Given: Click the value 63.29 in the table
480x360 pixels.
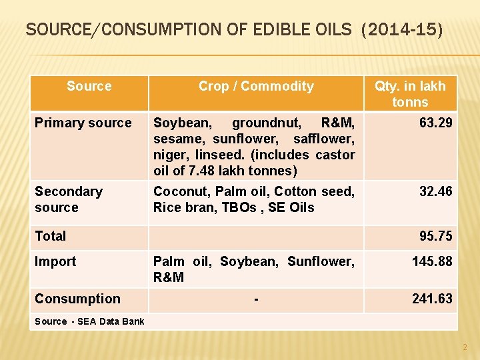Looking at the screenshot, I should [435, 123].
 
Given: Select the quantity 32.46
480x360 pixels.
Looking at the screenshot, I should [435, 191].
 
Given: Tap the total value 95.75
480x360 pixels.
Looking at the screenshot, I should [435, 236].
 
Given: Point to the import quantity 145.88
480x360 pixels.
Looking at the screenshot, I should [432, 261].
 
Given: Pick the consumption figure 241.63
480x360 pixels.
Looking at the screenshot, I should [432, 299].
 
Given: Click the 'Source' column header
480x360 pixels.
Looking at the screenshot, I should [89, 86].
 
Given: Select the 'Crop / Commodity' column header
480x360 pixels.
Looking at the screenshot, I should [256, 86].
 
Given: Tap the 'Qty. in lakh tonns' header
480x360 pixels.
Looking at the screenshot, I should [410, 94].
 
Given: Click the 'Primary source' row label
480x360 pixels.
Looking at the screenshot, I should [83, 123].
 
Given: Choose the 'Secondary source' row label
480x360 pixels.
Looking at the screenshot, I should [68, 199].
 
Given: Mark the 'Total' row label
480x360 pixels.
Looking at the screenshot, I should [51, 236].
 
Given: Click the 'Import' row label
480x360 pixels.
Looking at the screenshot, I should [55, 261].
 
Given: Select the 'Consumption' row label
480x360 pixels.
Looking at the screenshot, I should [77, 299].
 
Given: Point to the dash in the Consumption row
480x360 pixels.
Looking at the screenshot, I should [256, 299].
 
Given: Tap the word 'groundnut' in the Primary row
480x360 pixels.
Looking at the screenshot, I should [267, 123].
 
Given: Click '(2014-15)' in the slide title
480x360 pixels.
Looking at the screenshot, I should [402, 31].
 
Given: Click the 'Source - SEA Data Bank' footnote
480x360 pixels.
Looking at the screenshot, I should [89, 321].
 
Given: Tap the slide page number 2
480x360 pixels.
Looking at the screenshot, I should [465, 347].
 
